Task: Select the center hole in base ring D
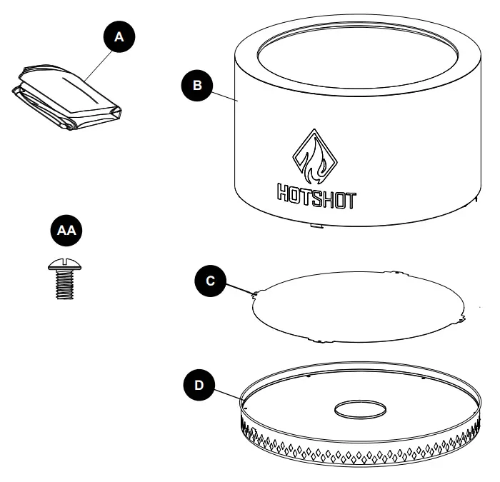(359, 409)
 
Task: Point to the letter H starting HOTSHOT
(283, 197)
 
